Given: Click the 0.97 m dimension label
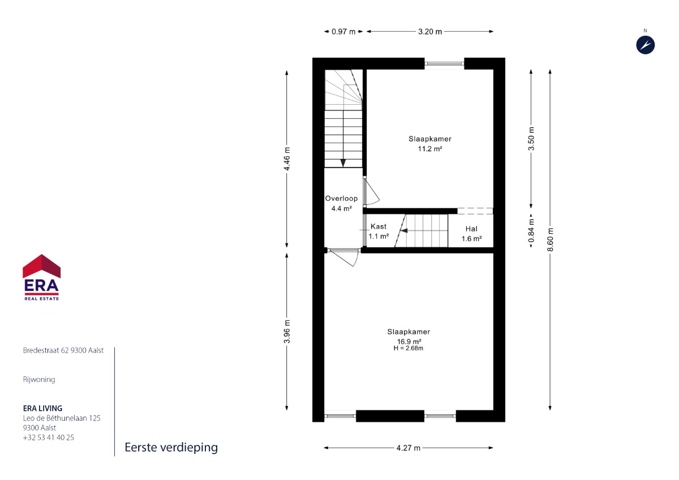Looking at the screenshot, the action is pos(343,32).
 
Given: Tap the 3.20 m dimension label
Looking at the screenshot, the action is pos(430,32).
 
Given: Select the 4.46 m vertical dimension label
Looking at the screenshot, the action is pos(287,158).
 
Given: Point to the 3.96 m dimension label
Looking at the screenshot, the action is pos(287,332).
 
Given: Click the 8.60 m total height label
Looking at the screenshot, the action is pos(550,239).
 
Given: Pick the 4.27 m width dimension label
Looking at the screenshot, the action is pos(409,448).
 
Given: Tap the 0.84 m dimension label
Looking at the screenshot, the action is pos(531,231).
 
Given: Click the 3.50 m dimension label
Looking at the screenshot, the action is pos(531,139).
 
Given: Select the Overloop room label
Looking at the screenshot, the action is pos(341,198).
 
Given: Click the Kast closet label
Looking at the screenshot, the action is pos(379,226).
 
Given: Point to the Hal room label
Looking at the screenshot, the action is pos(471,229).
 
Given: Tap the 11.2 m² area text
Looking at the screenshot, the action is pos(430,148).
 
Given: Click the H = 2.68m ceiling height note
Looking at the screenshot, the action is pos(409,348).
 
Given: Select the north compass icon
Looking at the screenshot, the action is pos(646,45).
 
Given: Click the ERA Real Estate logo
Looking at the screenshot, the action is pos(41,277).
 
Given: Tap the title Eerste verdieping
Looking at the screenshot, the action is pos(171,448).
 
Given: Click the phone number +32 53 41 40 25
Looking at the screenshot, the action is pos(49,437).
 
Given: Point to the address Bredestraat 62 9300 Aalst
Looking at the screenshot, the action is pos(63,350).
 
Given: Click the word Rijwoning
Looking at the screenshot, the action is pos(39,380).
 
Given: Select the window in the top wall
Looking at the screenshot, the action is pos(444,63).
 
